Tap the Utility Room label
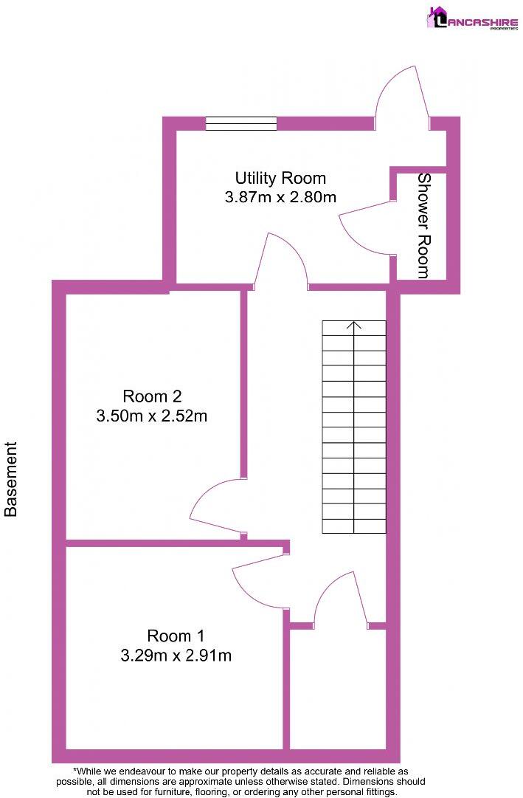[x=280, y=178]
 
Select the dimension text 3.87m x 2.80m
[x=280, y=197]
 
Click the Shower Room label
[x=423, y=225]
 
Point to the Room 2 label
[x=152, y=396]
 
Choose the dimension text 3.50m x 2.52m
[x=152, y=416]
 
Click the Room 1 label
[x=176, y=635]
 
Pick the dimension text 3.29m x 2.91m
[x=176, y=655]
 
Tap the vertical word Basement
[x=11, y=479]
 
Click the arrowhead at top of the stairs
[x=354, y=324]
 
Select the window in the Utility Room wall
[x=241, y=123]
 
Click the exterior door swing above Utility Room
[x=402, y=92]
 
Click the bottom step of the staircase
[x=354, y=526]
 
